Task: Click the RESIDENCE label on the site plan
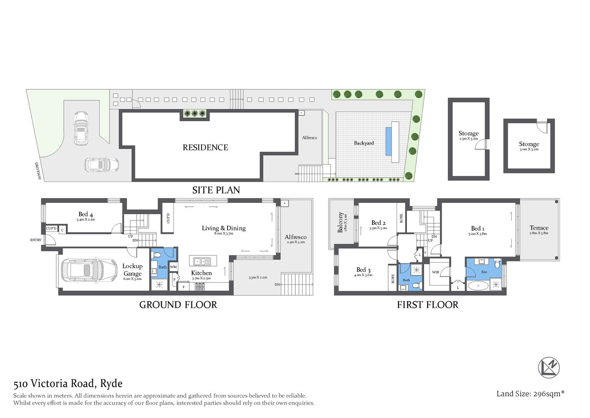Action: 205,148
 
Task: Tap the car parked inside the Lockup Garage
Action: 89,270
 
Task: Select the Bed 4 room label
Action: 85,214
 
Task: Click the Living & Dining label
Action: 224,228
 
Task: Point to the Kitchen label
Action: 201,273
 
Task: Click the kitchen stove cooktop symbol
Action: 200,287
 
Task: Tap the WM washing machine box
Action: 173,267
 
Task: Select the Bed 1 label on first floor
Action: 477,229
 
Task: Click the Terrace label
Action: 539,228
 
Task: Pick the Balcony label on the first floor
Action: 340,222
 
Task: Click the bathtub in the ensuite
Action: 478,286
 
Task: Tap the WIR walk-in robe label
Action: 436,272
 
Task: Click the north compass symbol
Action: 549,367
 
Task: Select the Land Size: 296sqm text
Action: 530,394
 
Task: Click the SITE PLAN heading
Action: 216,190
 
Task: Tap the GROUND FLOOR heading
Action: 178,305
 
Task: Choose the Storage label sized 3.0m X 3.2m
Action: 529,144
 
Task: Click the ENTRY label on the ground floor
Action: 36,240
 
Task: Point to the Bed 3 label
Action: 363,270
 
